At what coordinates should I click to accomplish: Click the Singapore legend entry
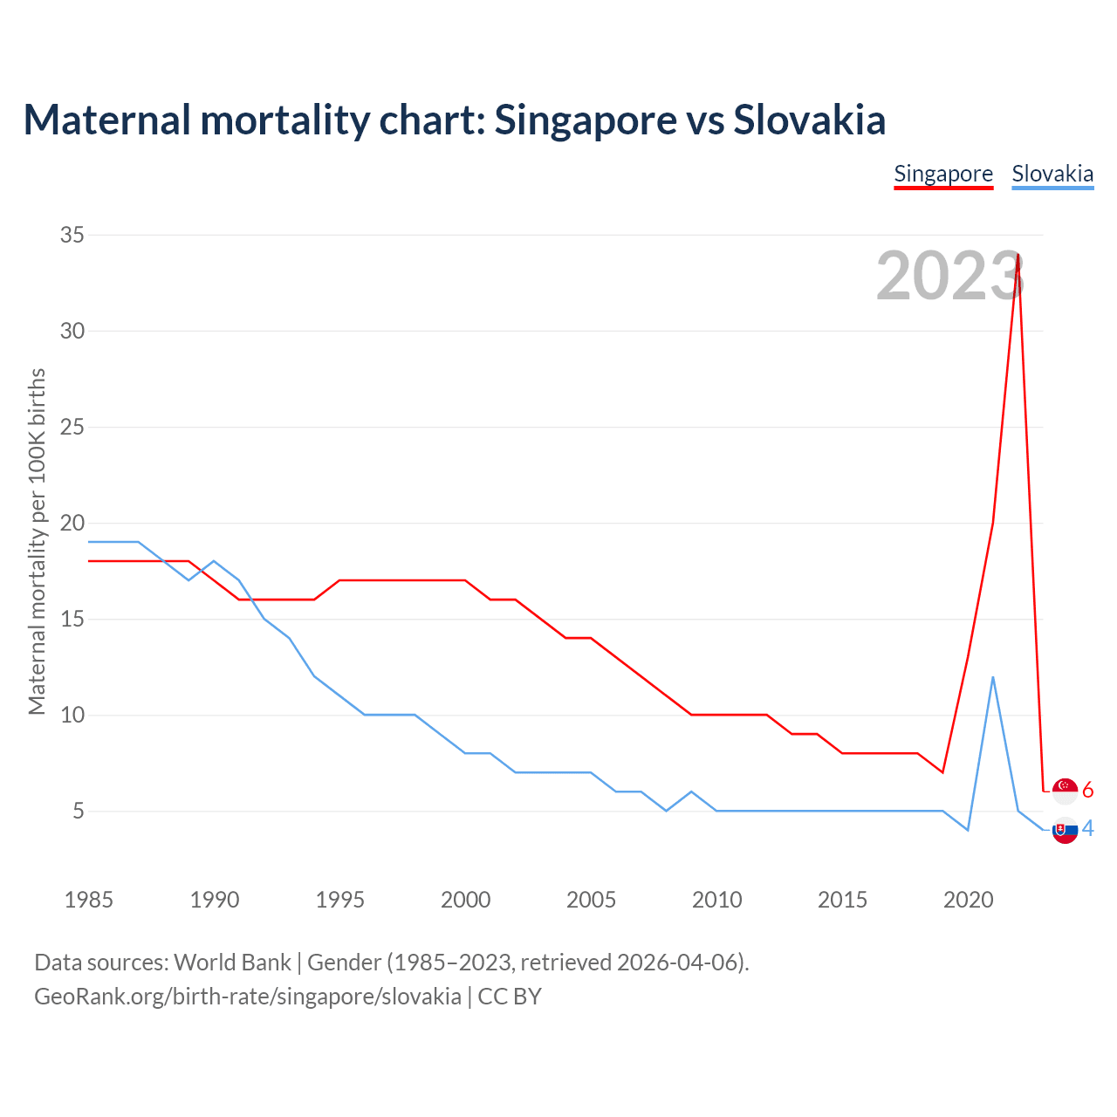943,174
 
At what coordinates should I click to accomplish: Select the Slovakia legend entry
1052,174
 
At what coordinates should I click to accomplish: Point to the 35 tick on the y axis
72,235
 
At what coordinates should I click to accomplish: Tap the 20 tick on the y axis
72,524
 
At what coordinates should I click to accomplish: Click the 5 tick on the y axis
79,812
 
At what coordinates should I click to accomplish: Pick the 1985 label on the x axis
89,900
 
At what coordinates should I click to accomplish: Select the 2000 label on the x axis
465,900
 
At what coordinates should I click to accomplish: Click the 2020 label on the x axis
968,900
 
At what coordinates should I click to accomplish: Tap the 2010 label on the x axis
716,900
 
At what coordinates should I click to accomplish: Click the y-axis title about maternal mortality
37,541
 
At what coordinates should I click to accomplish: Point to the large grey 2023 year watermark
949,277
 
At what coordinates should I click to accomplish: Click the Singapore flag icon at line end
1066,791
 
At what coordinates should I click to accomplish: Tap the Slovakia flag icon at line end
1066,830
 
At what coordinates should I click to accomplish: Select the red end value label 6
1087,791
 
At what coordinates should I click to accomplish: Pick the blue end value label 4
1087,829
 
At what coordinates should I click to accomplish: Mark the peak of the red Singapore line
1018,254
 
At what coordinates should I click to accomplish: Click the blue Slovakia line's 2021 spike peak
993,677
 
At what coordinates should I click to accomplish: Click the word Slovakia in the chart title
809,120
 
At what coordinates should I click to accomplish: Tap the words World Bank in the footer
232,963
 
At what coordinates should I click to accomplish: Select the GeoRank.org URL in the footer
248,997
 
